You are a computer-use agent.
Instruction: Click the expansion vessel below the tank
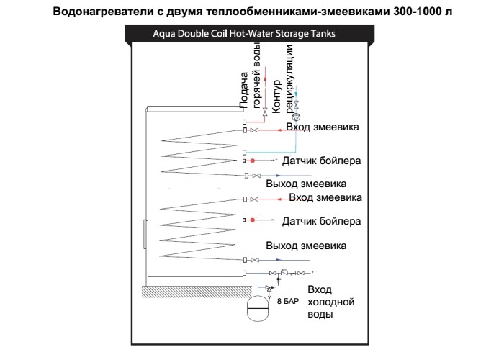click(x=258, y=309)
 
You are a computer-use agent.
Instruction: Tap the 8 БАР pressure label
click(x=288, y=301)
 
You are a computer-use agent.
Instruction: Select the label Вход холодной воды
click(x=331, y=302)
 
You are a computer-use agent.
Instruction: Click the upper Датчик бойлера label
click(x=321, y=161)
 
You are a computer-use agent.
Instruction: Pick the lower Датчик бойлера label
click(x=321, y=221)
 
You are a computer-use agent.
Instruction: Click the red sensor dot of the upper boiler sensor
click(x=253, y=161)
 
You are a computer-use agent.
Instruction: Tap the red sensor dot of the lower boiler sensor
click(x=253, y=220)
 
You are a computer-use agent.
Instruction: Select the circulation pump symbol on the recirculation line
click(x=297, y=117)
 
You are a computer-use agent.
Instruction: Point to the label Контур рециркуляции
click(x=282, y=79)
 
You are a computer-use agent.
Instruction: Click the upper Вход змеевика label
click(x=323, y=127)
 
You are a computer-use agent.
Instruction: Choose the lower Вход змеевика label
click(x=325, y=197)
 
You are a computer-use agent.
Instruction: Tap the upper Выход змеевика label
click(x=306, y=184)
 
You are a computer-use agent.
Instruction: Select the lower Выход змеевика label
click(x=306, y=246)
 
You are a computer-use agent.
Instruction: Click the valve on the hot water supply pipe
click(x=265, y=112)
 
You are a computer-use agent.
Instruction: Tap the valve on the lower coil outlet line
click(x=255, y=260)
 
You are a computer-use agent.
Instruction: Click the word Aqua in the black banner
click(x=164, y=34)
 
